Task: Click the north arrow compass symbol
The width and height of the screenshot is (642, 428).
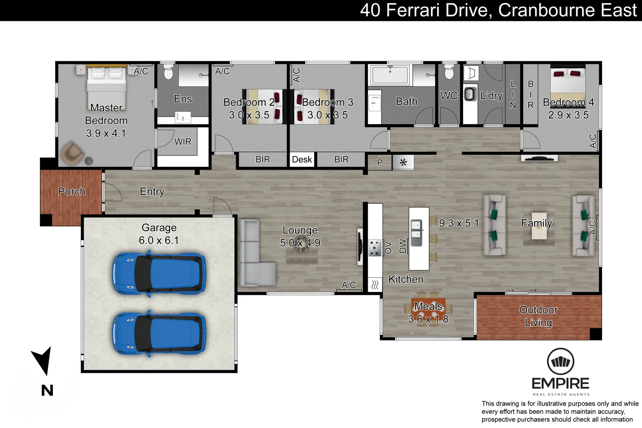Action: pos(43,361)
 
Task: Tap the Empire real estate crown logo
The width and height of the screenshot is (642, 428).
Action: pos(560,361)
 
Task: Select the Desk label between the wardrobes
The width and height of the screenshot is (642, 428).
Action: pos(302,159)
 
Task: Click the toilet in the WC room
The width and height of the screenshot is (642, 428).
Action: pos(449,71)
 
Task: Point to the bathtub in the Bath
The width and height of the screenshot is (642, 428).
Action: pos(390,75)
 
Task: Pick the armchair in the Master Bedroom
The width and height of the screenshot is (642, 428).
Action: pos(72,153)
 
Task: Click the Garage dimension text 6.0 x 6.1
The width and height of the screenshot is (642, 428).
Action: pos(159,240)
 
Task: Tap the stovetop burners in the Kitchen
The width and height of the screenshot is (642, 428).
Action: pos(375,248)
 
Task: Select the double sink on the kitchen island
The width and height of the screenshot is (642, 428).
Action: pos(417,233)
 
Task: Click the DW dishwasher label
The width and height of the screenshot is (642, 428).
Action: pos(403,246)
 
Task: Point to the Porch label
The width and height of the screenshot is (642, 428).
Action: pos(72,191)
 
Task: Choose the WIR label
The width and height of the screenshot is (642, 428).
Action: pos(183,141)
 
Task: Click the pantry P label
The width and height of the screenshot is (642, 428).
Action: pos(380,162)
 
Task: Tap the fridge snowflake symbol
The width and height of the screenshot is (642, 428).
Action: pos(403,162)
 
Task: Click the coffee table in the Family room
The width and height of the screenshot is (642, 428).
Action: pos(539,225)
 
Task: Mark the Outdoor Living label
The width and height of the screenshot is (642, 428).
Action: pos(539,316)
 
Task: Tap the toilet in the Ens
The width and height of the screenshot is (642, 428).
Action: pos(168,71)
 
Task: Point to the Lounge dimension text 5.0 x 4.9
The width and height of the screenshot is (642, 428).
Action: pos(300,243)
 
